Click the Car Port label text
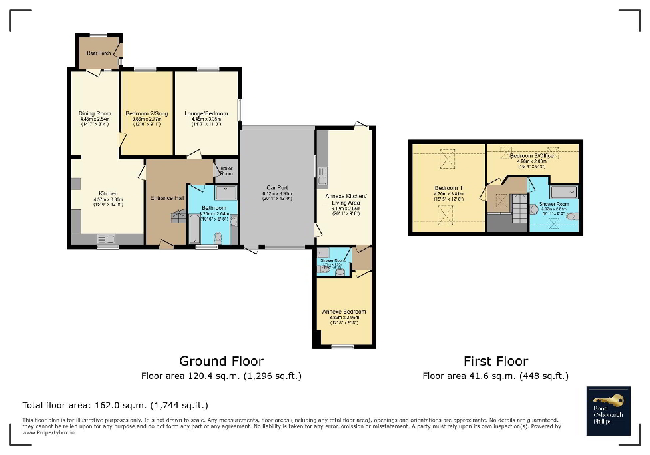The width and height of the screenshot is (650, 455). click(276, 187)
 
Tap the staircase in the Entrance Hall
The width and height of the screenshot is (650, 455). click(178, 216)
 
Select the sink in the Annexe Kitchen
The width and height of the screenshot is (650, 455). click(322, 175)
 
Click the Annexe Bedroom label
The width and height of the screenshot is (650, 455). click(344, 312)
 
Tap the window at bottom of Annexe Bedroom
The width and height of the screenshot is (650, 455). click(343, 346)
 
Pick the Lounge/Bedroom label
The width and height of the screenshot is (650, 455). click(206, 113)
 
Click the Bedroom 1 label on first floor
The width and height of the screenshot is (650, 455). click(448, 188)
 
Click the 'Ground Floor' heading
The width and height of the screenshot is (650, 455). click(221, 362)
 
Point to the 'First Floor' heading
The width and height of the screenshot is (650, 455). click(495, 362)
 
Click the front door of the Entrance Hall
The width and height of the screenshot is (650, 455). click(164, 246)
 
